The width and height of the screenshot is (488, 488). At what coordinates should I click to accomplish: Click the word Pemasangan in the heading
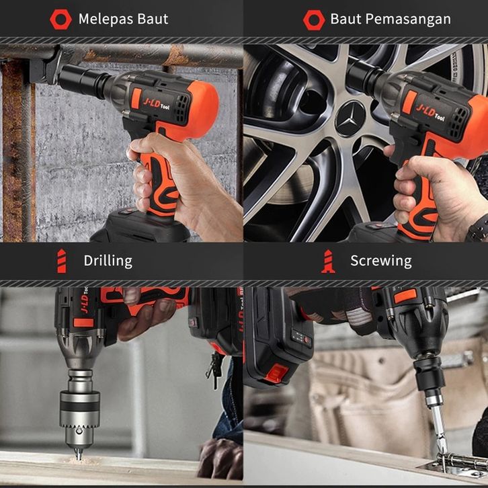pyautogui.click(x=408, y=19)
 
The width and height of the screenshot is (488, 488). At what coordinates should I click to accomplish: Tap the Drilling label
pyautogui.click(x=108, y=261)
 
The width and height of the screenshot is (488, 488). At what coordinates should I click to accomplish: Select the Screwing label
pyautogui.click(x=381, y=261)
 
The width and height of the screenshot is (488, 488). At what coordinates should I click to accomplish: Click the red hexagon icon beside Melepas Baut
pyautogui.click(x=60, y=19)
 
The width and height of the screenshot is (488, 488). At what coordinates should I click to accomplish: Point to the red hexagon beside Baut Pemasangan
pyautogui.click(x=314, y=20)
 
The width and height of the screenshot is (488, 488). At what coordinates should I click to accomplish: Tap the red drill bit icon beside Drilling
pyautogui.click(x=62, y=261)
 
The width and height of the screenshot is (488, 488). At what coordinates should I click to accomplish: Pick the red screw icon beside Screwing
pyautogui.click(x=328, y=261)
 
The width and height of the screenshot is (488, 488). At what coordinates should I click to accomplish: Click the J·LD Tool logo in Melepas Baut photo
pyautogui.click(x=156, y=104)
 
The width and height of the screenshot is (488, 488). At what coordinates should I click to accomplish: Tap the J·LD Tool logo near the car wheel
pyautogui.click(x=430, y=112)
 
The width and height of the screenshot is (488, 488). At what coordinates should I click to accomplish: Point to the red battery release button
pyautogui.click(x=276, y=373)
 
